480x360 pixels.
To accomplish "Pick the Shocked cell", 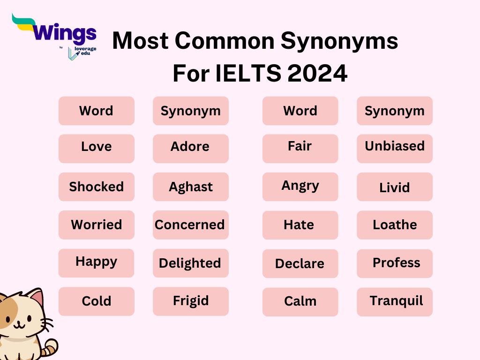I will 96,187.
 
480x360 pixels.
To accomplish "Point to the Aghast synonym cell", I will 190,187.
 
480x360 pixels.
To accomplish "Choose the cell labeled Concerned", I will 190,225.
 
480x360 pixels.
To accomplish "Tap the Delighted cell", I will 190,263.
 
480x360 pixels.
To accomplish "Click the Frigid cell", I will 190,301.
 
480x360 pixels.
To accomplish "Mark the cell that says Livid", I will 394,187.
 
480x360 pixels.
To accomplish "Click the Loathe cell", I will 394,225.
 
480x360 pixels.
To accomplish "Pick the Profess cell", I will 394,263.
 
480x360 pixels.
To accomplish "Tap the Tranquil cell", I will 394,301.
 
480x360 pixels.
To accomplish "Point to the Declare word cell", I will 300,263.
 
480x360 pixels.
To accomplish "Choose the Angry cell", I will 300,187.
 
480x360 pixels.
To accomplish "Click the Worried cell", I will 96,225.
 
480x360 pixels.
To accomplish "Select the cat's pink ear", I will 36,298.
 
